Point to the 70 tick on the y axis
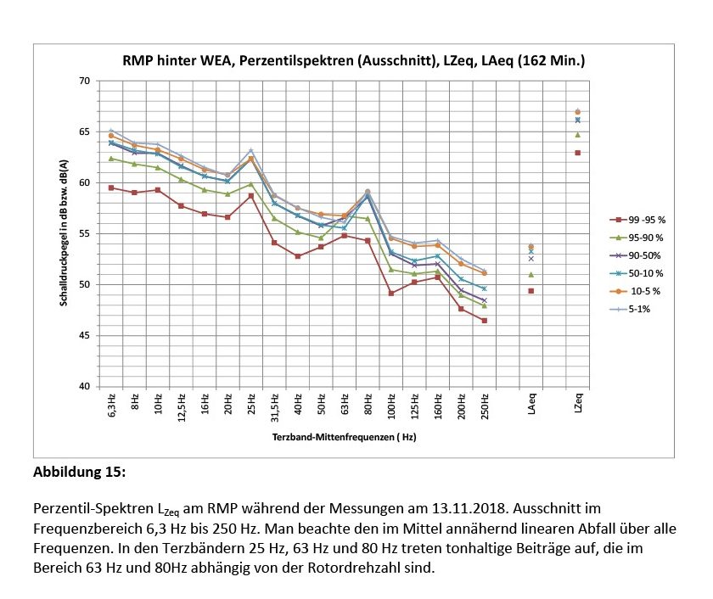83,81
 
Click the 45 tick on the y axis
83,335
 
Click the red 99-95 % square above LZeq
577,153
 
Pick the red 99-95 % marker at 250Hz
484,321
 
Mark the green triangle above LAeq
531,274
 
